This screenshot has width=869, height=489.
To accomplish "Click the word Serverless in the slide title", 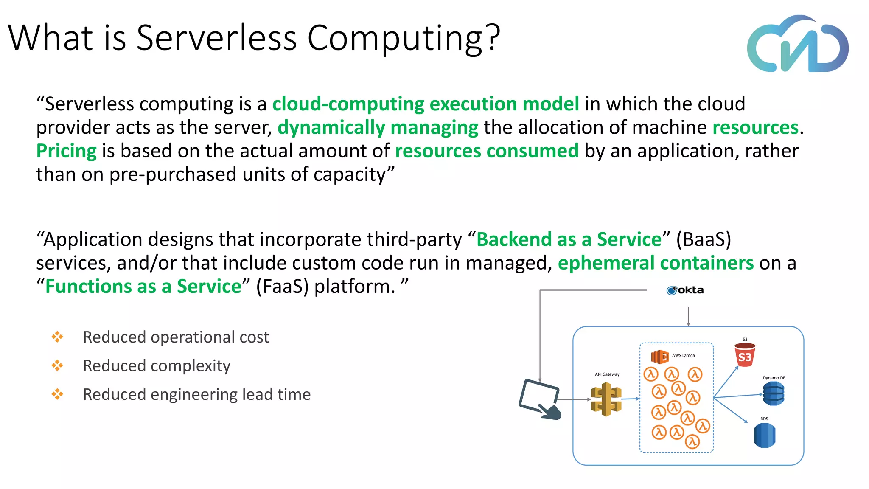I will pos(216,38).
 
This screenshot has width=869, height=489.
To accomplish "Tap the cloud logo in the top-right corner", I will pos(798,45).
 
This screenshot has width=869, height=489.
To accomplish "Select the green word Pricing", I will pos(67,151).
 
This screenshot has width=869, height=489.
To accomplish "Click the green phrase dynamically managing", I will pos(378,127).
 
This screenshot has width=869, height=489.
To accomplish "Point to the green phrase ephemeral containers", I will pos(656,263).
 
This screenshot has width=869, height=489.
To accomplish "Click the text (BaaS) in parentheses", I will pos(704,239).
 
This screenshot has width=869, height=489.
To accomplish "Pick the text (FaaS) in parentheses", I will pos(282,287).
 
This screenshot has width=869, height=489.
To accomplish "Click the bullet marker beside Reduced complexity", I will pos(57,365).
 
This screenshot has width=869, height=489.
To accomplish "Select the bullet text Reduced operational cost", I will pos(176,337).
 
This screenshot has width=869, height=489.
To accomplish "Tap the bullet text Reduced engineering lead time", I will pos(196,395).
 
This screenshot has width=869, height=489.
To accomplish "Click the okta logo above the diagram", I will pos(685,290).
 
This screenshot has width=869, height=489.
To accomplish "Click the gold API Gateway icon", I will pos(606,399).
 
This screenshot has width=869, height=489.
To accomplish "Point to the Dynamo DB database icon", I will pos(774,393).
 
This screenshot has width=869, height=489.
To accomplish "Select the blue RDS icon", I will pos(764,436).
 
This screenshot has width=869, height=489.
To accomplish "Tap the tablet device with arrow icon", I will pos(540,399).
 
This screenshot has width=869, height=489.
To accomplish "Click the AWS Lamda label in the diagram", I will pos(683,356).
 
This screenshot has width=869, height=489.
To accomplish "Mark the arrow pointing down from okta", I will pos(688,317).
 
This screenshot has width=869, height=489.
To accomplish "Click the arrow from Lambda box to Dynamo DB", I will pos(738,396).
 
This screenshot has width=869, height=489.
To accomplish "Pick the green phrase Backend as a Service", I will pos(569,239).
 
